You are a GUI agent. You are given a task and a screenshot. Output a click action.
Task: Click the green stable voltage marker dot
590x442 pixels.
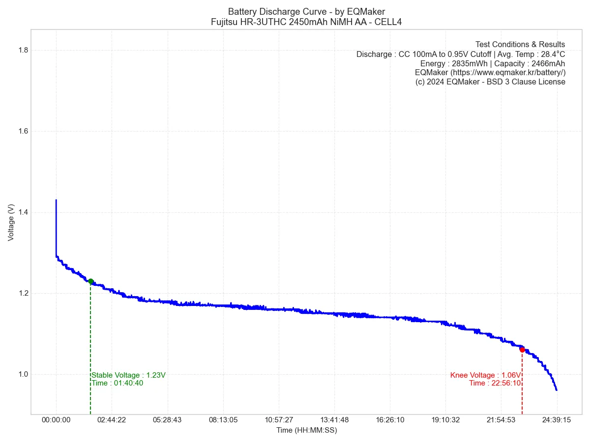90,281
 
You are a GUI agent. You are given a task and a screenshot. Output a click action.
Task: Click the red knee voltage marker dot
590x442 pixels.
522,350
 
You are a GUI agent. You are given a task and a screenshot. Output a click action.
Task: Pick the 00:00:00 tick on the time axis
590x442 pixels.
56,420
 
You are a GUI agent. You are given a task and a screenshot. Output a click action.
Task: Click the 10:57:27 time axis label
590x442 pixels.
279,420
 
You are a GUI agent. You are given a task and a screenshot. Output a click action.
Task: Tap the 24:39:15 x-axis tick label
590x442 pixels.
557,420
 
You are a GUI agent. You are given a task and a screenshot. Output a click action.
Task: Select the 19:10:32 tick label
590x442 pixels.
445,420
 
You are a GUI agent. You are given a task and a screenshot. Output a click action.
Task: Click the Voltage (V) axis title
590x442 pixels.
11,222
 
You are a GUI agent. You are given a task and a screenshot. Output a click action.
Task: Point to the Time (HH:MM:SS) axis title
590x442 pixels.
306,430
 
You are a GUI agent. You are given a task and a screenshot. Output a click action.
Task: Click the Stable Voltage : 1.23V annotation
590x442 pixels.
129,375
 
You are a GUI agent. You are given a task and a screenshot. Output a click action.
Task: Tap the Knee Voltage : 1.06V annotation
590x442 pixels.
485,375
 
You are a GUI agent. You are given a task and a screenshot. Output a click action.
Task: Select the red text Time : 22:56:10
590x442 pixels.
495,383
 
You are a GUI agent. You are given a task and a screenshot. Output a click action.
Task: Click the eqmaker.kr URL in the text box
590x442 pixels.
508,73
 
